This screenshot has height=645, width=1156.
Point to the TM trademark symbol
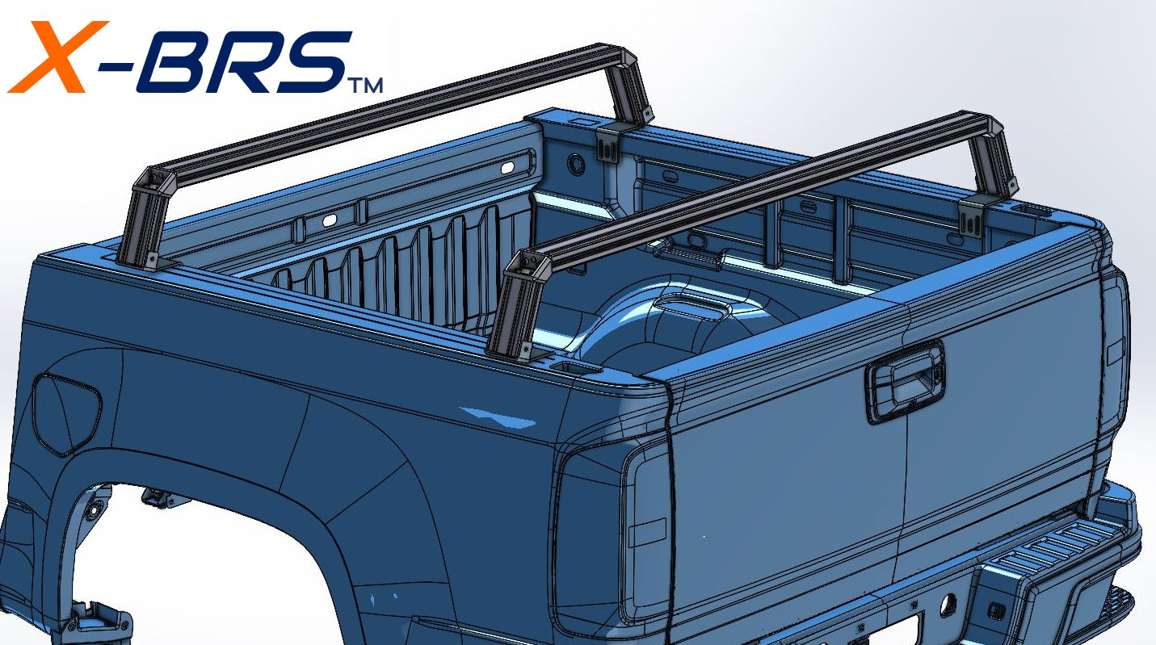click(x=364, y=84)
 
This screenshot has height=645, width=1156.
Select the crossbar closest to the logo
click(x=388, y=113)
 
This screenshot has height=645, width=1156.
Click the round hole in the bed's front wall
click(x=576, y=163)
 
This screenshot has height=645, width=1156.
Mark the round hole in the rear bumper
click(x=947, y=603)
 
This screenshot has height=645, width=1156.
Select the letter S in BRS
click(x=311, y=61)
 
